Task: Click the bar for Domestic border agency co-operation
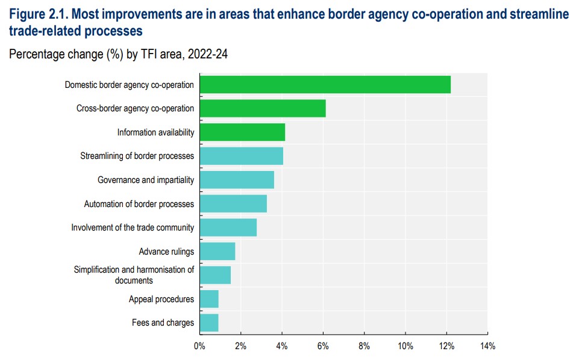[x=325, y=85]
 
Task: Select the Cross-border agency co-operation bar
[x=262, y=108]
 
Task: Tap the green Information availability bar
[x=242, y=132]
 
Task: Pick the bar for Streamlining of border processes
[x=241, y=156]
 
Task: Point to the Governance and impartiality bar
[x=236, y=180]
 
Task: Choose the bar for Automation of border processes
[x=233, y=203]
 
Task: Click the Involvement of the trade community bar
[x=228, y=228]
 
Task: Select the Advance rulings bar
[x=217, y=251]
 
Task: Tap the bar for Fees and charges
[x=208, y=323]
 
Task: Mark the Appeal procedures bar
[x=208, y=299]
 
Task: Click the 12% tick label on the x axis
[x=446, y=346]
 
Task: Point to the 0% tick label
[x=199, y=346]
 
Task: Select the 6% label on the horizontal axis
[x=323, y=346]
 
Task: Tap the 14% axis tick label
[x=487, y=346]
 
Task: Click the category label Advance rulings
[x=166, y=252]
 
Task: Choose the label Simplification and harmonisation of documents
[x=134, y=275]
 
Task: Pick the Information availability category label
[x=155, y=132]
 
